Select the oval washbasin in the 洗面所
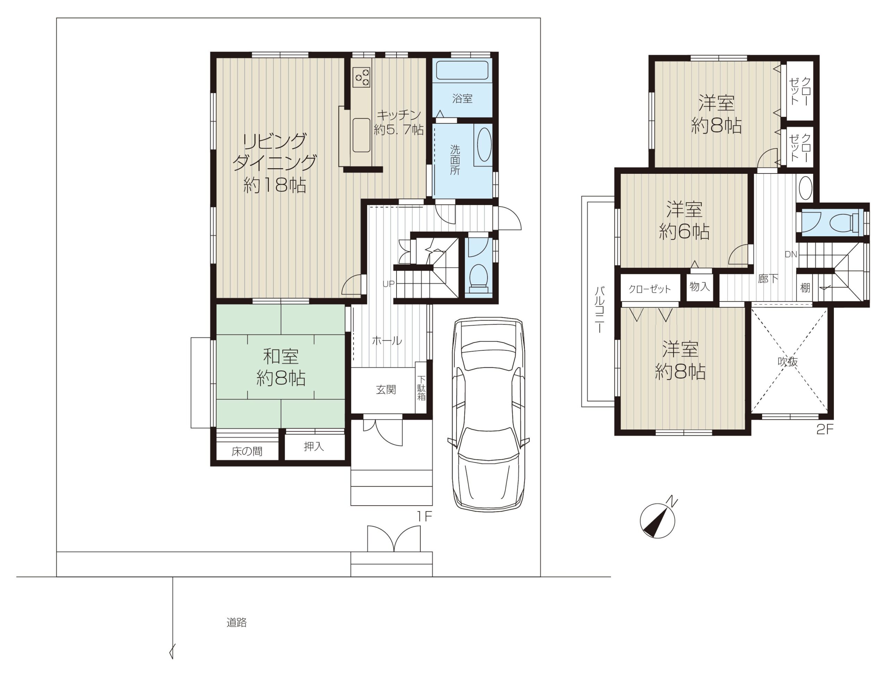484,144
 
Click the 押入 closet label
314,446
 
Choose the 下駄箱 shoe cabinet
421,388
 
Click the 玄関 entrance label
386,390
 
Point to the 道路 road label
237,623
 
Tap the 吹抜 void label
787,362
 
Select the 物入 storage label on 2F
699,286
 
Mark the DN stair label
791,254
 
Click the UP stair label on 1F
388,284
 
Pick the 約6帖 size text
684,232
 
